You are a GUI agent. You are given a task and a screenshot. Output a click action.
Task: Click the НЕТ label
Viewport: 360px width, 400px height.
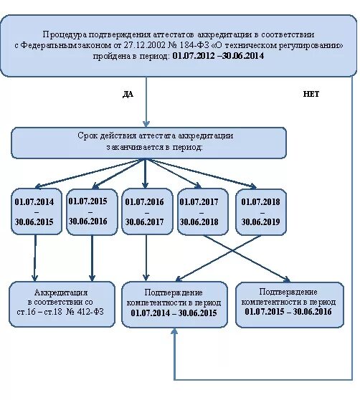(311, 94)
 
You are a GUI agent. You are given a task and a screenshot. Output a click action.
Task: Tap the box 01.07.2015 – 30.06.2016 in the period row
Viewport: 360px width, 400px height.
(90, 211)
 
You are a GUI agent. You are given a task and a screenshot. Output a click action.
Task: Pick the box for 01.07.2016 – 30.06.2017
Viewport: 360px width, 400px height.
(146, 213)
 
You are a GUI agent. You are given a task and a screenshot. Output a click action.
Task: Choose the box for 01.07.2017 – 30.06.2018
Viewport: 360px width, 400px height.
(202, 212)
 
